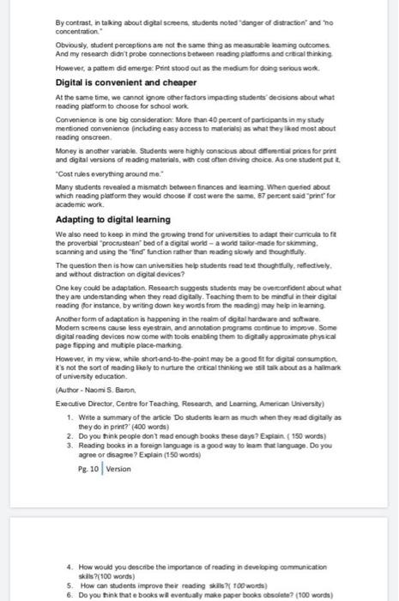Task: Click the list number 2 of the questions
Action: [x=69, y=434]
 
